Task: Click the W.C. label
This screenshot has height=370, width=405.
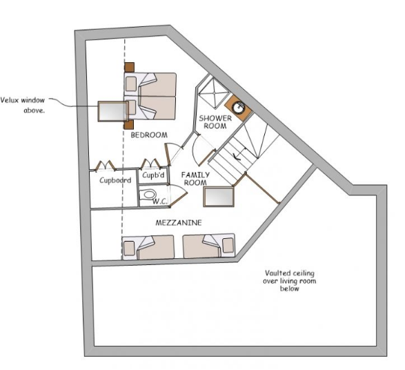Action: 160,202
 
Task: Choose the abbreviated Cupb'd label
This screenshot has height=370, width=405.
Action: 153,175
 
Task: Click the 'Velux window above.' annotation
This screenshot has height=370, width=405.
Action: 23,103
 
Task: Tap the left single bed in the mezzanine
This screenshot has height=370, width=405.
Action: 148,246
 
